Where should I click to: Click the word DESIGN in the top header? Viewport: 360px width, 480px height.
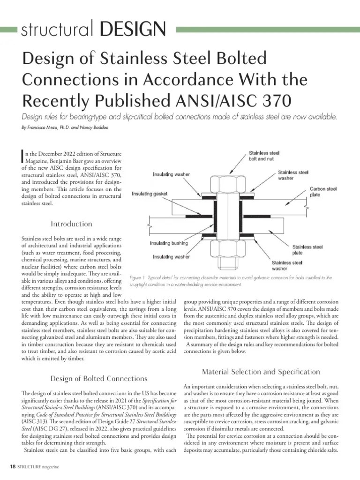pos(133,30)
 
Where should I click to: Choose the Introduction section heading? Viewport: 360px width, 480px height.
pos(72,224)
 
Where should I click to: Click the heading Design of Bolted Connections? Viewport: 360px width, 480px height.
pos(98,378)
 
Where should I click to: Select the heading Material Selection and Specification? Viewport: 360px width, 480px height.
pos(261,372)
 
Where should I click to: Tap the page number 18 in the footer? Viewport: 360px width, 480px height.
pos(13,467)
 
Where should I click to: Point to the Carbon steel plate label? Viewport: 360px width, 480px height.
pos(323,192)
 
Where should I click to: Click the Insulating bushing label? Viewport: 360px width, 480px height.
pos(169,243)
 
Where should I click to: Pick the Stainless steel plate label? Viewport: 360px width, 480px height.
pos(307,249)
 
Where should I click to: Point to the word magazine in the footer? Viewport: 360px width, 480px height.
pos(49,467)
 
